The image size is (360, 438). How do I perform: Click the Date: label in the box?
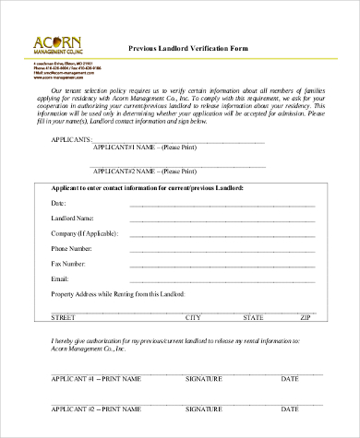tap(58, 203)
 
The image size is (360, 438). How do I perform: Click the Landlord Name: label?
tap(72, 219)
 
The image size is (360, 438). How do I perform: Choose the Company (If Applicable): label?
tap(84, 233)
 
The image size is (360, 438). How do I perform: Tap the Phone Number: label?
tap(71, 249)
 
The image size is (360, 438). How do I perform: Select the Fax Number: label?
tap(68, 264)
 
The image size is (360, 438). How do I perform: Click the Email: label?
tap(60, 278)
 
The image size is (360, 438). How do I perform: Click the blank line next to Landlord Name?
tap(222, 220)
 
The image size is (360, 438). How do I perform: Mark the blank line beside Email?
tap(222, 280)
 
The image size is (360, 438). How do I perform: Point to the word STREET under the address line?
tap(63, 317)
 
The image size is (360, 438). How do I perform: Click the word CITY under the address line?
tap(194, 317)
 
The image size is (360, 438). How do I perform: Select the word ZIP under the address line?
tap(306, 317)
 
